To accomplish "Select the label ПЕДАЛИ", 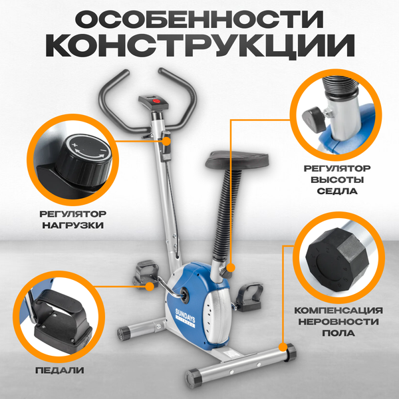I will (51, 368).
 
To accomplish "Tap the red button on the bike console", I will (158, 101).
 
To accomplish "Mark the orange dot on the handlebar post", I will (167, 141).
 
